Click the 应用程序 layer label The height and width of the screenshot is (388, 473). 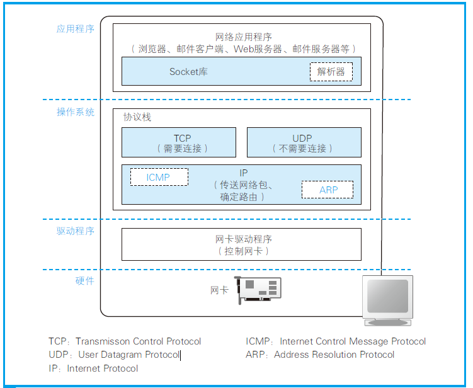pyautogui.click(x=75, y=29)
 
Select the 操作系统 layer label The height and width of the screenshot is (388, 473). pyautogui.click(x=75, y=112)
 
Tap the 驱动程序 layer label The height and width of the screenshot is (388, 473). pyautogui.click(x=75, y=231)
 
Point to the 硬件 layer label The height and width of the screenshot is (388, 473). pyautogui.click(x=84, y=281)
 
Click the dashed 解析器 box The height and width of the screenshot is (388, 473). pyautogui.click(x=331, y=72)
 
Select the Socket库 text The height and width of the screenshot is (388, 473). pyautogui.click(x=188, y=72)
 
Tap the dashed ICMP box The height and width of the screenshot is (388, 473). pyautogui.click(x=159, y=177)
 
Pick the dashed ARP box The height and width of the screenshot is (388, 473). pyautogui.click(x=328, y=190)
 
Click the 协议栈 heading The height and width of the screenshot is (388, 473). pyautogui.click(x=137, y=118)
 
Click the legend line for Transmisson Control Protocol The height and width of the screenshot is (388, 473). pyautogui.click(x=125, y=341)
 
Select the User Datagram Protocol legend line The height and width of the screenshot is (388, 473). pyautogui.click(x=114, y=355)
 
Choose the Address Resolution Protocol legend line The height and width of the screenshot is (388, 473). pyautogui.click(x=320, y=355)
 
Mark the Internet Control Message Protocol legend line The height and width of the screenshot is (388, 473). pyautogui.click(x=336, y=341)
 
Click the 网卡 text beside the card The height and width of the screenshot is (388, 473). pyautogui.click(x=219, y=290)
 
